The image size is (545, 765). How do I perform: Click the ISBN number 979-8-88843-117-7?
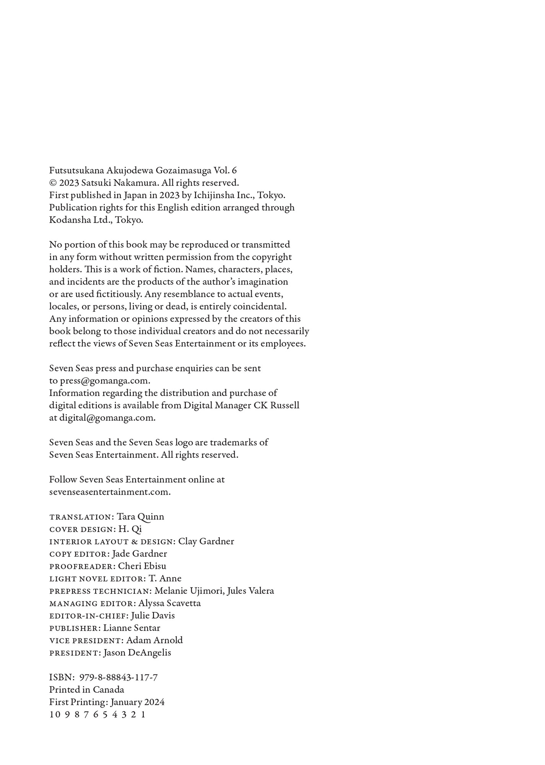(x=118, y=677)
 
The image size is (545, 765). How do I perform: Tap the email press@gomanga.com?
(x=104, y=381)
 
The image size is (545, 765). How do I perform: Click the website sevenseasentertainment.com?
(x=109, y=492)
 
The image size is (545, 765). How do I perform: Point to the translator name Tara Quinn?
(x=140, y=517)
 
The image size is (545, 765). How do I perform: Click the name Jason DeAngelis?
(x=137, y=653)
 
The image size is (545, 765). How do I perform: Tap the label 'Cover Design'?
(x=81, y=529)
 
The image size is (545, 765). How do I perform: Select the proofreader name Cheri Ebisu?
(x=142, y=566)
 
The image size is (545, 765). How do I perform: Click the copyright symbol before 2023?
(x=53, y=183)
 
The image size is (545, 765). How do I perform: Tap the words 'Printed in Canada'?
(x=86, y=690)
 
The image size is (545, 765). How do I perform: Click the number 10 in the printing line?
(x=55, y=715)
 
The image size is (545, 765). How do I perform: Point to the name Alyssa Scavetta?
(x=169, y=603)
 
